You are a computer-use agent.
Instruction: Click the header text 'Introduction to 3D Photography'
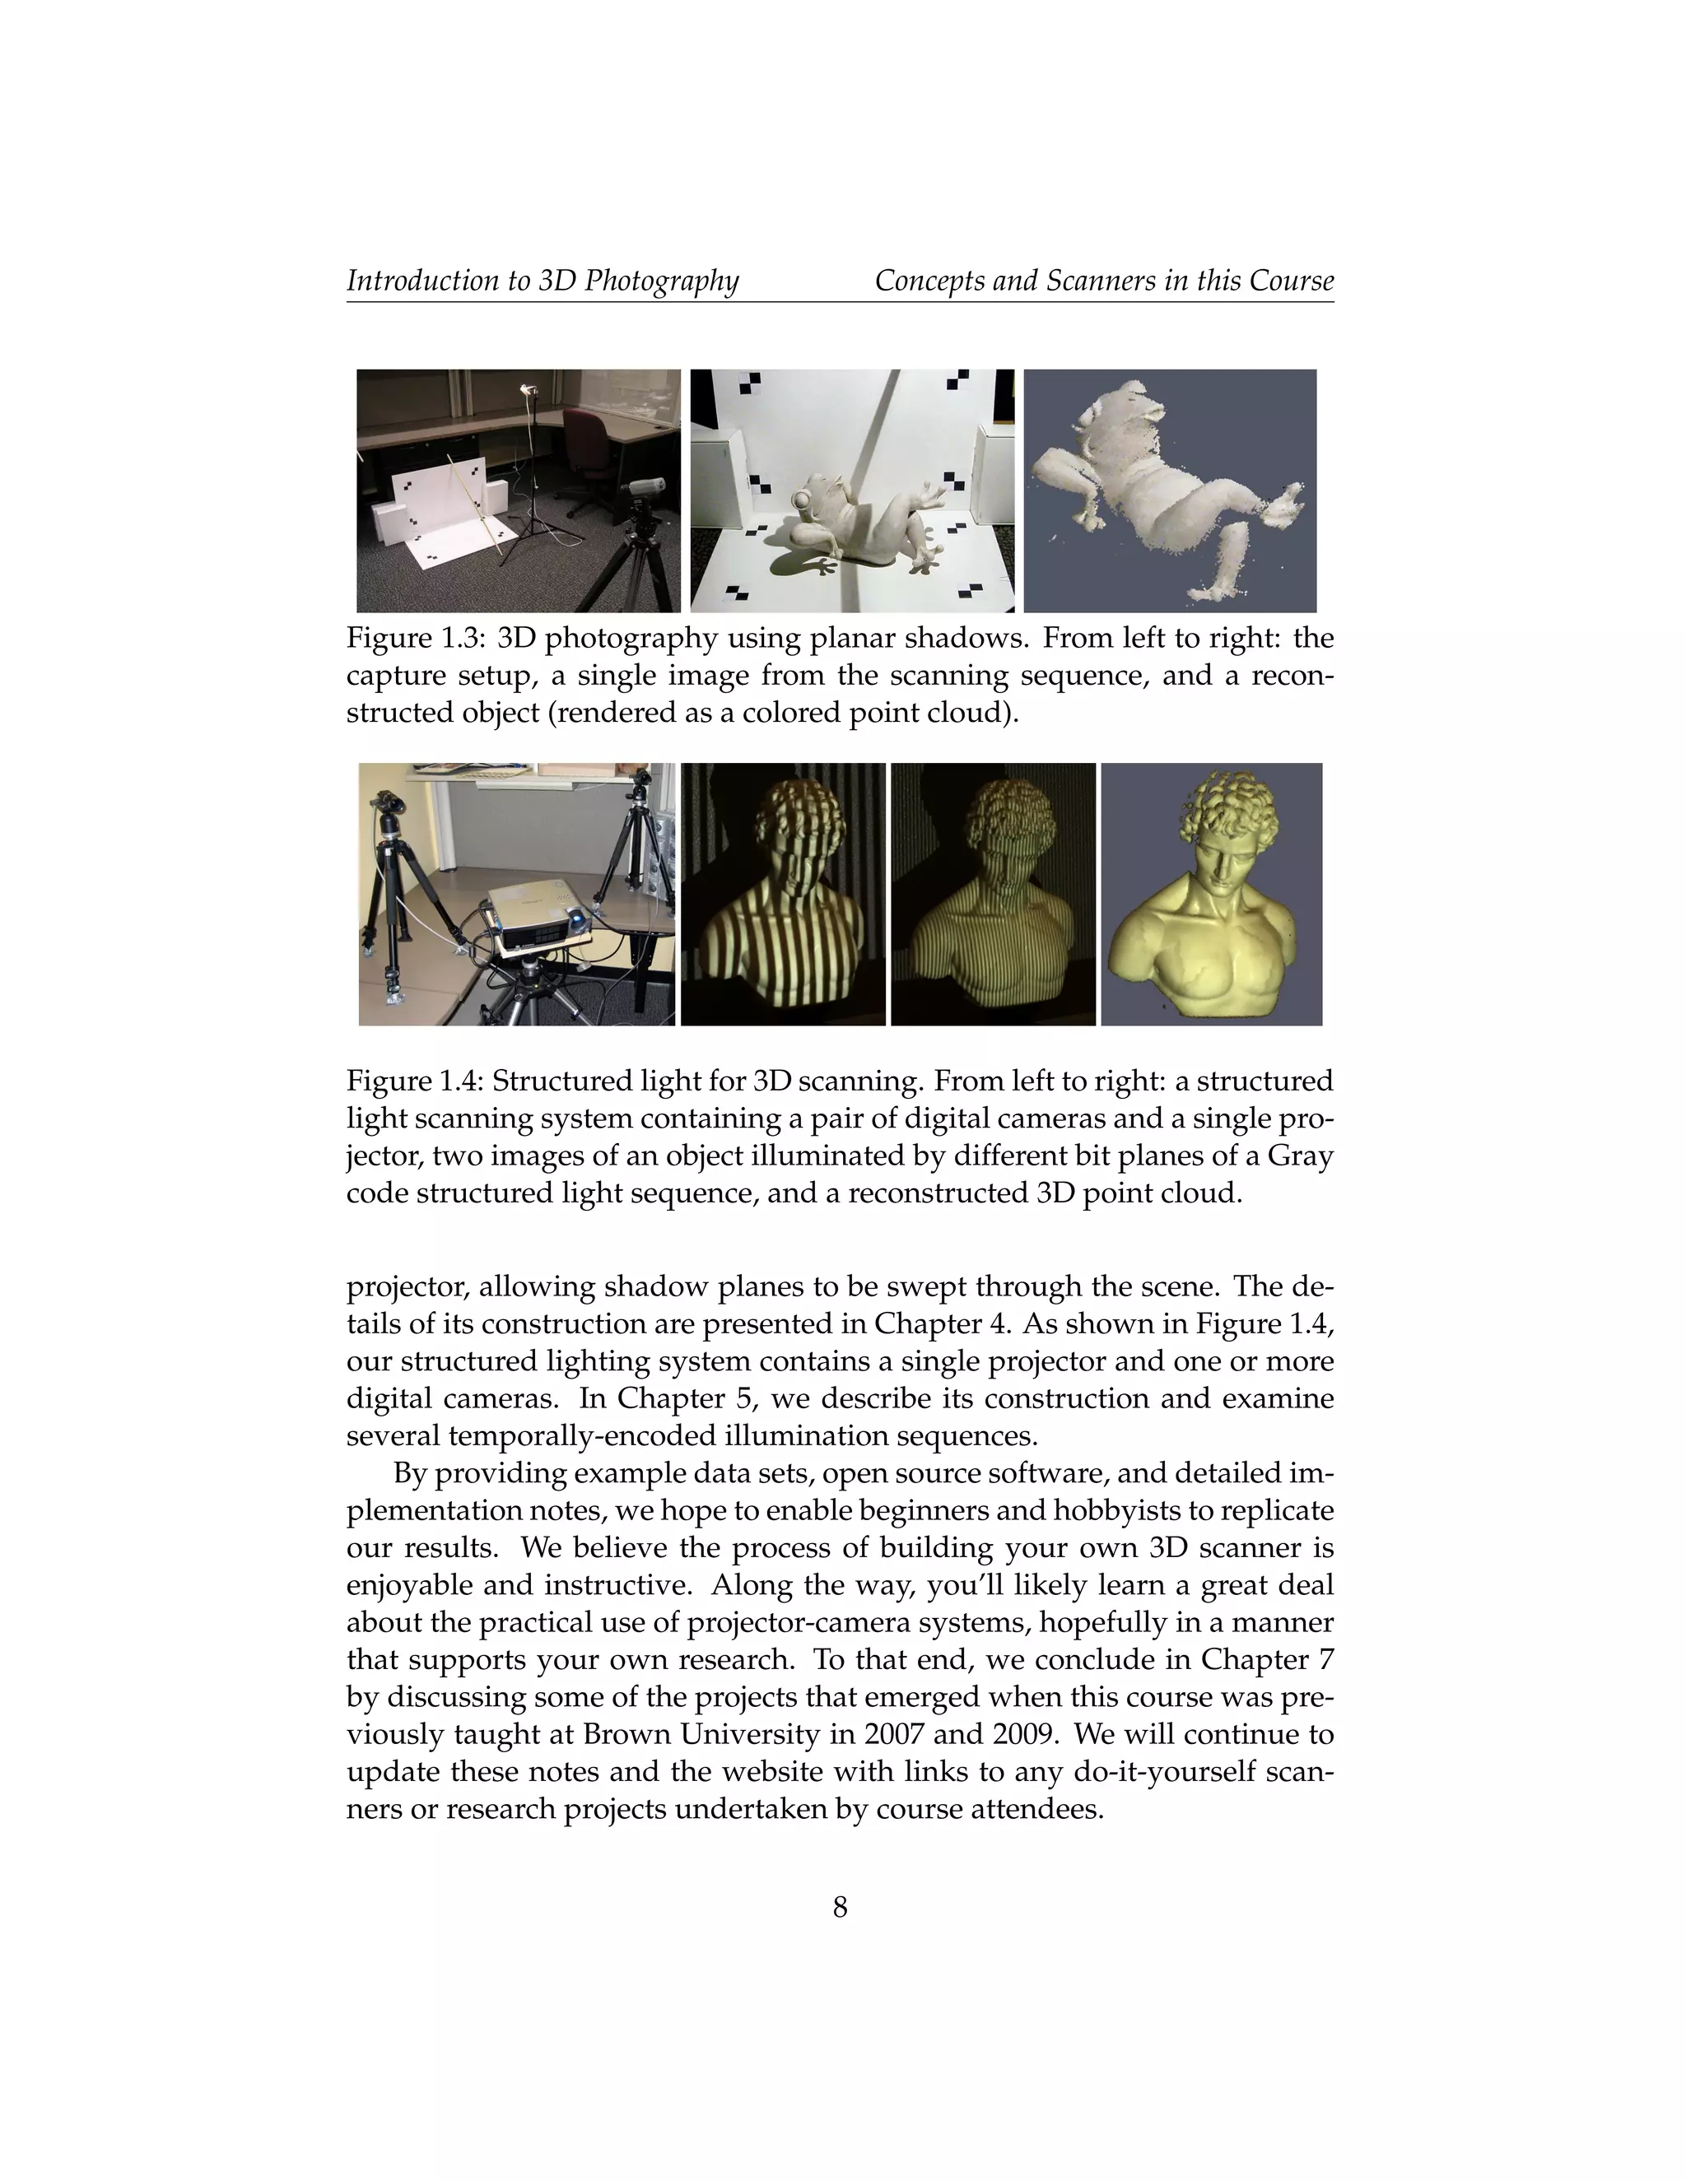pyautogui.click(x=543, y=281)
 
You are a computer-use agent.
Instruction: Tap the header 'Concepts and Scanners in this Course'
pyautogui.click(x=1104, y=281)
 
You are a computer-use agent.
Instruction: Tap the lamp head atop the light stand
pyautogui.click(x=530, y=390)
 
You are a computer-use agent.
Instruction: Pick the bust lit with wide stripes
pyautogui.click(x=782, y=894)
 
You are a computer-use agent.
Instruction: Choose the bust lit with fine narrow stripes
pyautogui.click(x=992, y=894)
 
